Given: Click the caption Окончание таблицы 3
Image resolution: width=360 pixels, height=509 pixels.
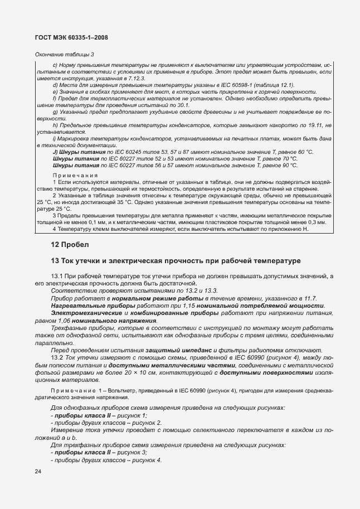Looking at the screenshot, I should [x=64, y=54].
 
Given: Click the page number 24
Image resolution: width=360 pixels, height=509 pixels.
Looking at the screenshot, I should [x=38, y=472].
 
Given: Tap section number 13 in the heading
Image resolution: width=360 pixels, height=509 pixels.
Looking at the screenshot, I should [x=55, y=261].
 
